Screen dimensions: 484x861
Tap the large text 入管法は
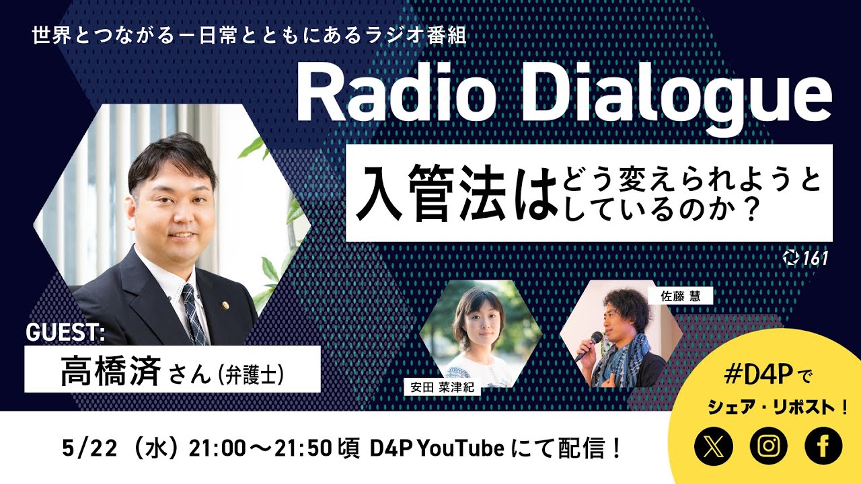coord(451,195)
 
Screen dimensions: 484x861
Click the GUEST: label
coord(65,332)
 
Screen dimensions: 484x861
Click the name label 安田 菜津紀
coord(441,387)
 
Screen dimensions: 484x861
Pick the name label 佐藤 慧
coord(671,296)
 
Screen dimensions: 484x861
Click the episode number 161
coord(815,258)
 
